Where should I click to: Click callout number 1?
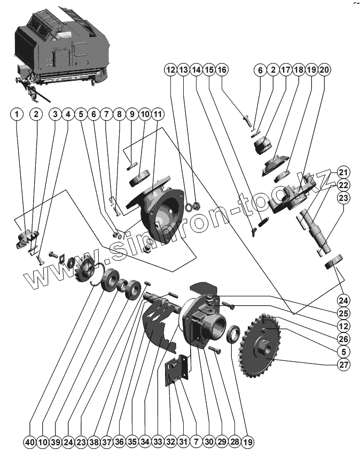(18, 114)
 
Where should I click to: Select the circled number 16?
(222, 70)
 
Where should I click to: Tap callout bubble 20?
(325, 70)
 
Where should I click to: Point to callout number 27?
(342, 366)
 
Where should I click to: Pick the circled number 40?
(29, 443)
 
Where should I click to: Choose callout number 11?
(157, 114)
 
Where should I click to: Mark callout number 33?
(157, 443)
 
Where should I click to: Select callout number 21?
(342, 173)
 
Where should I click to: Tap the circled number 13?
(183, 70)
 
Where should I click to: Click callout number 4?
(67, 114)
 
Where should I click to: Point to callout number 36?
(119, 443)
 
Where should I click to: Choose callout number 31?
(183, 443)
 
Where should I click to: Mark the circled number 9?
(131, 114)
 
